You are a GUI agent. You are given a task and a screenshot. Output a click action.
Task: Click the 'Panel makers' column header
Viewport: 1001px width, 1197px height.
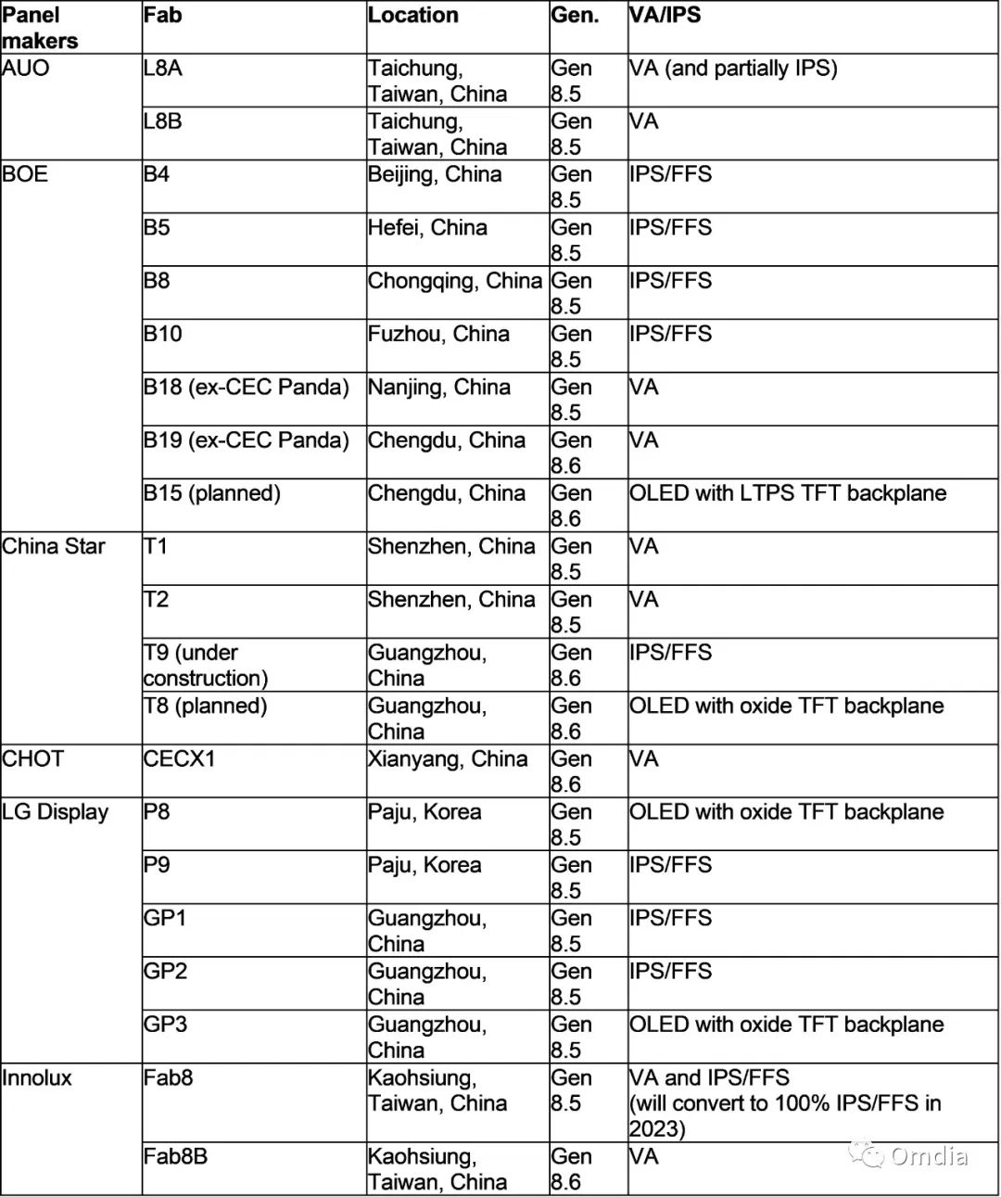pos(40,28)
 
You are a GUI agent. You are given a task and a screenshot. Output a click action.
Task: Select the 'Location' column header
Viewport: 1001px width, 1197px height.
pos(412,16)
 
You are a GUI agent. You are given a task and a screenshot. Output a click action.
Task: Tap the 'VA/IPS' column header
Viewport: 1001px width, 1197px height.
pos(665,16)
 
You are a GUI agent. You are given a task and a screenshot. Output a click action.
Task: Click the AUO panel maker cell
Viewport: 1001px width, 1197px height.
pos(26,69)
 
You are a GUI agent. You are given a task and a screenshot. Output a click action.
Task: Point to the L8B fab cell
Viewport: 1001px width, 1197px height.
pos(162,121)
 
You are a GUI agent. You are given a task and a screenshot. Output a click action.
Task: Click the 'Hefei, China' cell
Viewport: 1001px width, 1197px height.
pos(426,228)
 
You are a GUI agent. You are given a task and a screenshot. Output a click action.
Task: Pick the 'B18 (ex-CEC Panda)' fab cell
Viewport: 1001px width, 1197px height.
pos(246,388)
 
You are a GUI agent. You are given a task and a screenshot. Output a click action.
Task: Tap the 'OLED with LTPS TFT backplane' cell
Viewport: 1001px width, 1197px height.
pos(787,493)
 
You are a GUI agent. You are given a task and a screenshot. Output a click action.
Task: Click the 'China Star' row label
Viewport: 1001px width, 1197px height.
pos(54,547)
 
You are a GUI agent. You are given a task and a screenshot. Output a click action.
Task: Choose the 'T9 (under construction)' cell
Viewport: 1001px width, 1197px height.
pos(205,666)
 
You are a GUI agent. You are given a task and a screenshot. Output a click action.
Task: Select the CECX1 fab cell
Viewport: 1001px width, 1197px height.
pos(179,759)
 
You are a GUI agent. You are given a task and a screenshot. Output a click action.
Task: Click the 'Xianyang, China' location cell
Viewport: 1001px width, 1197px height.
pos(447,759)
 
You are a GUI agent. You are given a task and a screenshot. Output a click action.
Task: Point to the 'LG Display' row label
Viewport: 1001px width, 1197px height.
pos(55,812)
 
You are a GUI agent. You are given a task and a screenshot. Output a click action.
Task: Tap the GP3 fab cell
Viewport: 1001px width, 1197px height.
pos(165,1025)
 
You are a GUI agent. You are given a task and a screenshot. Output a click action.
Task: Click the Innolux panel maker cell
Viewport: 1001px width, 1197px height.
pos(37,1078)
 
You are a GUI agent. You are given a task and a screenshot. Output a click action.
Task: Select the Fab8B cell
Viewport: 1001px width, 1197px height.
pos(175,1157)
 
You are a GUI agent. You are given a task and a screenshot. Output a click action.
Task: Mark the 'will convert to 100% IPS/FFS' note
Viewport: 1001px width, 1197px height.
pos(784,1104)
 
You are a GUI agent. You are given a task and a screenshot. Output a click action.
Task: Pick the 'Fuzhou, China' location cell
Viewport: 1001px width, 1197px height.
pos(437,334)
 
